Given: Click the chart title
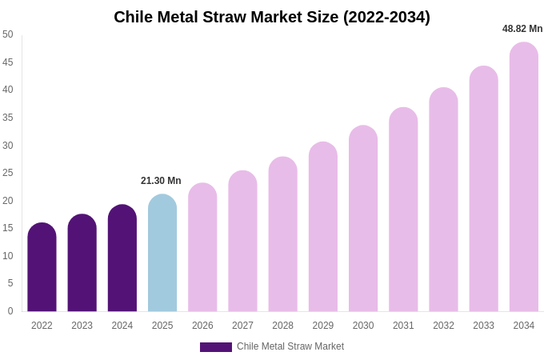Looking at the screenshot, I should pyautogui.click(x=272, y=17).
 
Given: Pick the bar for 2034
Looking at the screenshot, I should pyautogui.click(x=524, y=177).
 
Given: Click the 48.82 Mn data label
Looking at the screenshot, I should pyautogui.click(x=522, y=29).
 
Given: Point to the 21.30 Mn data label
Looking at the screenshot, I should pyautogui.click(x=161, y=181).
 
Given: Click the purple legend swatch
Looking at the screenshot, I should pyautogui.click(x=215, y=347).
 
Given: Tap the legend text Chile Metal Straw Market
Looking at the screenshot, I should pyautogui.click(x=290, y=346).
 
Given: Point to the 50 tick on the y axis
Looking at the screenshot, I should pyautogui.click(x=8, y=34).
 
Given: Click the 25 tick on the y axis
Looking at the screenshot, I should pyautogui.click(x=8, y=173).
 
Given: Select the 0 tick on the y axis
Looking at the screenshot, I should pyautogui.click(x=10, y=311).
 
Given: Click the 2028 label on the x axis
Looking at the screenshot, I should pyautogui.click(x=282, y=326).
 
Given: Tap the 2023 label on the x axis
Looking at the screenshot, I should pyautogui.click(x=82, y=326).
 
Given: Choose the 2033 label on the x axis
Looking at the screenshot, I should pyautogui.click(x=483, y=326).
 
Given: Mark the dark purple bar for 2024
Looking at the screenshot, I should pyautogui.click(x=122, y=258).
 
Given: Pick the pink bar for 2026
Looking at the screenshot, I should pyautogui.click(x=202, y=247).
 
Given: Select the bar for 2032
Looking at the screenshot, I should pyautogui.click(x=443, y=200).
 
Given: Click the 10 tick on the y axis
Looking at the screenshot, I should pyautogui.click(x=8, y=256).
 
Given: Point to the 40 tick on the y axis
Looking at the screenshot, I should pyautogui.click(x=8, y=90).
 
